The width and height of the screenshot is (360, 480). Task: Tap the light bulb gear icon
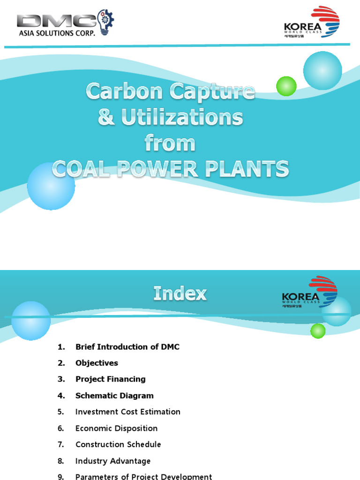point(105,21)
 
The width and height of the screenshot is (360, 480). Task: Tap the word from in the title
point(170,143)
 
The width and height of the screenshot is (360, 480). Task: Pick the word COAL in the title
point(80,169)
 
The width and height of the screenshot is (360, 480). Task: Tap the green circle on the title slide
point(286,86)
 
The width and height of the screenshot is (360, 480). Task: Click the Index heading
point(180,294)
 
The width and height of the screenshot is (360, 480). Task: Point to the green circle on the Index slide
point(318,331)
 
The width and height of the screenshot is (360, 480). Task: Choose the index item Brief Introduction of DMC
point(127,347)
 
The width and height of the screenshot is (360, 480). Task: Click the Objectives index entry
point(97,363)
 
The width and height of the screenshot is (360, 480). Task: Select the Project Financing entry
point(111,379)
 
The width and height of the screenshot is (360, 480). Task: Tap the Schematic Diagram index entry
point(114,396)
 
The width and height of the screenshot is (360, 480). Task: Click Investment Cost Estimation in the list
point(127,412)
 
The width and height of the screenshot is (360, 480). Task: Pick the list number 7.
point(60,444)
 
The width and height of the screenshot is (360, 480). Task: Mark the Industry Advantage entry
point(113,461)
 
